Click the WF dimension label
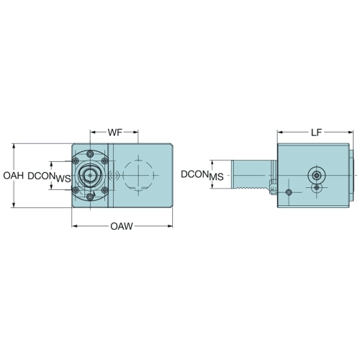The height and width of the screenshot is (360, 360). pyautogui.click(x=115, y=132)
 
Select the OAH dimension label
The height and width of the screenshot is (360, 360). pyautogui.click(x=14, y=176)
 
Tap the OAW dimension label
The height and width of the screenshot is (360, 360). pyautogui.click(x=122, y=226)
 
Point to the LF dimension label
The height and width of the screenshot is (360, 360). pyautogui.click(x=316, y=132)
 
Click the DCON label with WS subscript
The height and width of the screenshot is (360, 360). pyautogui.click(x=49, y=177)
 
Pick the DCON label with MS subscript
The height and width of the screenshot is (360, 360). pyautogui.click(x=202, y=176)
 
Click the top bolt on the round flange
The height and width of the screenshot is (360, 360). pyautogui.click(x=90, y=154)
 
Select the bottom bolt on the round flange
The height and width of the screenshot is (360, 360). pyautogui.click(x=90, y=197)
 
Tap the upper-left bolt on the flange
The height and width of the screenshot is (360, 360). pyautogui.click(x=76, y=161)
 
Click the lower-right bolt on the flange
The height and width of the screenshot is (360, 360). pyautogui.click(x=104, y=190)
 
